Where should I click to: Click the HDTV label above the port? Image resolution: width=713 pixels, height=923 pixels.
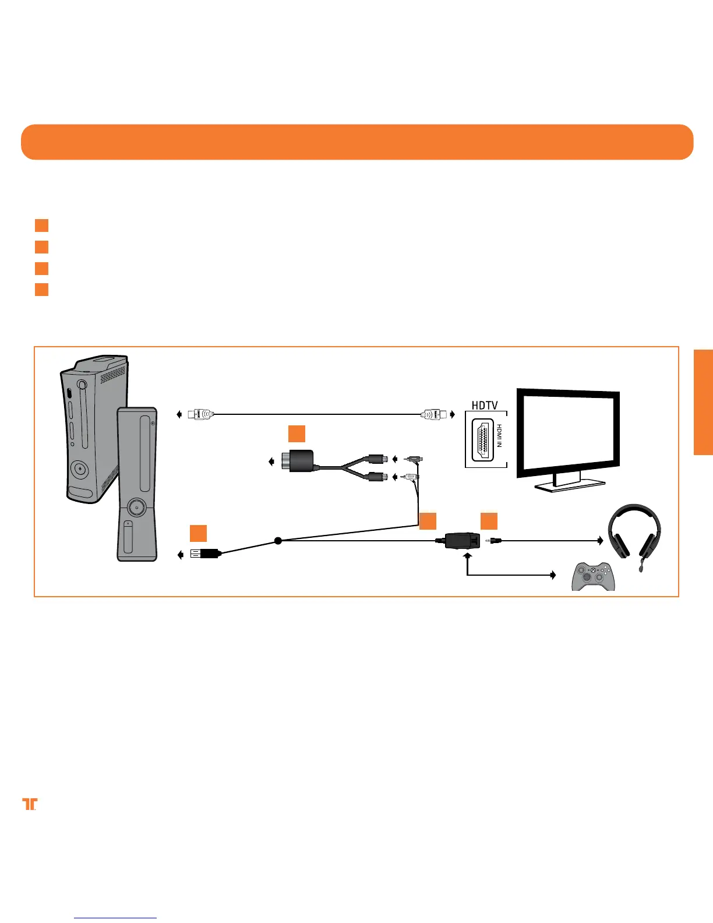[x=485, y=405]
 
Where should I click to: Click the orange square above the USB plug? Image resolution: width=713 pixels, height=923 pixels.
[x=198, y=533]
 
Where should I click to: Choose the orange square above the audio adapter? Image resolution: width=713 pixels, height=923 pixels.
[x=297, y=434]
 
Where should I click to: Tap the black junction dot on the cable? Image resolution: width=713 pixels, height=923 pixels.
[x=278, y=541]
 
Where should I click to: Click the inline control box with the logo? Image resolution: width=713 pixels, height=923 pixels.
[x=462, y=541]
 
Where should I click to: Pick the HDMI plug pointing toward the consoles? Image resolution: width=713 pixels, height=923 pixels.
[x=201, y=414]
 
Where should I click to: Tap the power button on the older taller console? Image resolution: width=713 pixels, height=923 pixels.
[x=79, y=468]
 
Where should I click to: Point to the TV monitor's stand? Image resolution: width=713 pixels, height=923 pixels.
[x=569, y=483]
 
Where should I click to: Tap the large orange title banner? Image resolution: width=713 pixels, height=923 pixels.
[x=356, y=142]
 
